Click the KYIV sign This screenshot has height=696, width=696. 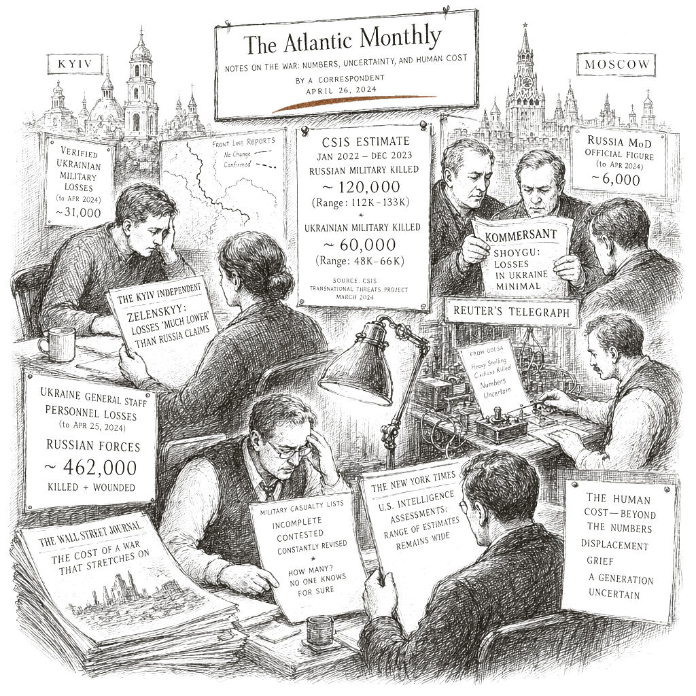pos(75,63)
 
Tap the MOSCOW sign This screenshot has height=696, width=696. pos(616,65)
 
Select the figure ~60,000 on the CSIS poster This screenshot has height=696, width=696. pos(359,245)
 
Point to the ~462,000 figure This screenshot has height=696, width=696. pos(90,468)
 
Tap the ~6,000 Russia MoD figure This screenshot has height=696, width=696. pos(616,179)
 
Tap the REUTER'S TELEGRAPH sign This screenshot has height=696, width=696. pos(511,311)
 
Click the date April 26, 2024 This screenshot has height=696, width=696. pos(341,90)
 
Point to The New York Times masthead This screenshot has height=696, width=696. pos(413,482)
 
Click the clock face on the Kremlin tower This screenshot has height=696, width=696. pos(527,82)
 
